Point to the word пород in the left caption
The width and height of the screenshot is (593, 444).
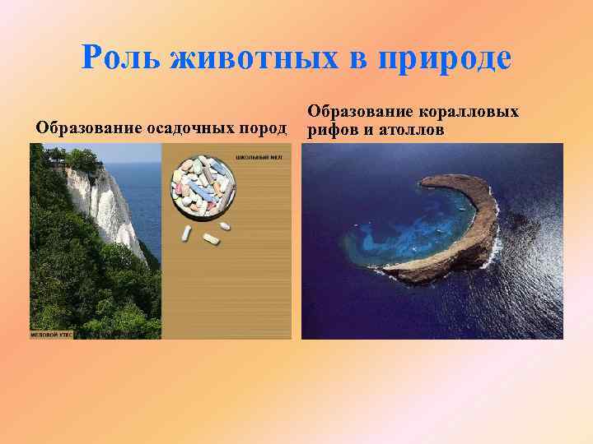(x=262, y=128)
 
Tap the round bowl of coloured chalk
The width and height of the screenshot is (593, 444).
(x=203, y=187)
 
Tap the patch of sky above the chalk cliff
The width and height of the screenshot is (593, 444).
(x=124, y=151)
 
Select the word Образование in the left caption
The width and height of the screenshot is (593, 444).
(x=87, y=128)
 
